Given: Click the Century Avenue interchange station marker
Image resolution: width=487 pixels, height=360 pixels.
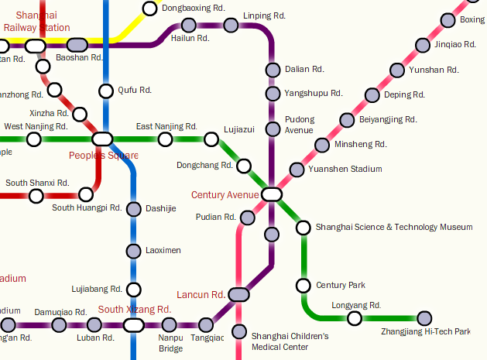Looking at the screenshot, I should tap(271, 194).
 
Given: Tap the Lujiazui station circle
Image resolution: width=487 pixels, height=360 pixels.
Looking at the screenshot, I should tap(211, 139).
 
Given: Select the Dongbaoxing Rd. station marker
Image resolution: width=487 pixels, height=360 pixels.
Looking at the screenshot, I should tap(149, 9).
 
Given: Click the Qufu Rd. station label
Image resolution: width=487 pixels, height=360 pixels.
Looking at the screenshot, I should tap(135, 91).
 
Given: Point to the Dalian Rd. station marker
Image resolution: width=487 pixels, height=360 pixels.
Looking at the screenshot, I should tap(272, 70).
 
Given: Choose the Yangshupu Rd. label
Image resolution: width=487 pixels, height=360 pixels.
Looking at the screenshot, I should tap(313, 94).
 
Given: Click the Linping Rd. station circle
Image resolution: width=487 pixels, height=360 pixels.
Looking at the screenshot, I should tap(230, 26).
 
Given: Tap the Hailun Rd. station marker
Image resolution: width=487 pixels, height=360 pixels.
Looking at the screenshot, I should tap(177, 26).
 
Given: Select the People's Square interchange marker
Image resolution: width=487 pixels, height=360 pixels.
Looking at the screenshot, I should tap(102, 139).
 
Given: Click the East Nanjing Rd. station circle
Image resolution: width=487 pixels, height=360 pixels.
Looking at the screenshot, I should tap(164, 139).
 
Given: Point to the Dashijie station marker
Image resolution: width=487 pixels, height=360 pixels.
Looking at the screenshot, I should tap(133, 209).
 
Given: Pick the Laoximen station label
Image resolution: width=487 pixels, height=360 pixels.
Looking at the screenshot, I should tap(163, 251).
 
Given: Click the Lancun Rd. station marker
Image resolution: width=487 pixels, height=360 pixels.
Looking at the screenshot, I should tap(238, 294).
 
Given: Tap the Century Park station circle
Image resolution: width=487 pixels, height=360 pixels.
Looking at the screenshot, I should tap(303, 286).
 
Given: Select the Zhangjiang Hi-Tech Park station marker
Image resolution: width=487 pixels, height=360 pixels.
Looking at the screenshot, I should tap(424, 317).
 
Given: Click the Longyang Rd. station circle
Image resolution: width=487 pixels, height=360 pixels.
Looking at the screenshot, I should tap(354, 317).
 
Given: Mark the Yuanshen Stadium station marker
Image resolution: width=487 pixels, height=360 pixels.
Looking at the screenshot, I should tap(297, 170).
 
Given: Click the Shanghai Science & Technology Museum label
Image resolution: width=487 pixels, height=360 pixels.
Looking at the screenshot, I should tap(393, 228).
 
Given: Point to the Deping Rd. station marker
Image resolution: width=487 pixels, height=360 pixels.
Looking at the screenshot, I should tap(372, 95).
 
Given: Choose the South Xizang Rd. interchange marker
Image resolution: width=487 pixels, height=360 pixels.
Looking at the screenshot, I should tap(133, 325).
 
